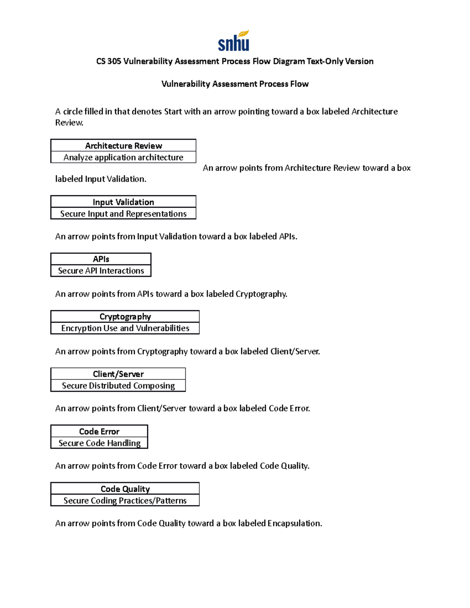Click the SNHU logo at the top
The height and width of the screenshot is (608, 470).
[234, 41]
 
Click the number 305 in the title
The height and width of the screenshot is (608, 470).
[114, 61]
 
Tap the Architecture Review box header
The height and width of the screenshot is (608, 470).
[123, 146]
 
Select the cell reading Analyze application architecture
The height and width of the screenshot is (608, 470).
[123, 157]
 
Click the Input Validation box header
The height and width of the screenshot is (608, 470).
[123, 202]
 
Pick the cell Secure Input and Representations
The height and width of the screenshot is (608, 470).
[123, 214]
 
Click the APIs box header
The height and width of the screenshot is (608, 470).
[101, 259]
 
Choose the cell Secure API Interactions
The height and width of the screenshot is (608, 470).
[101, 271]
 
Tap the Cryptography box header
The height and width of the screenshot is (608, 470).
[125, 316]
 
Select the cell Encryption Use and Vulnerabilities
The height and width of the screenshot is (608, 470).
[125, 328]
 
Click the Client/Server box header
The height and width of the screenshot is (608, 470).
[118, 374]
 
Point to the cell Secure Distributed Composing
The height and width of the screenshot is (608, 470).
[118, 386]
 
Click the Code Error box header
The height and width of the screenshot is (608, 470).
[99, 431]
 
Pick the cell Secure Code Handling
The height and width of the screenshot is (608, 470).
[99, 443]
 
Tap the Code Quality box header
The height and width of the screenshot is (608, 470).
[125, 489]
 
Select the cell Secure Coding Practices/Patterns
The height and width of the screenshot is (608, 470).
[125, 501]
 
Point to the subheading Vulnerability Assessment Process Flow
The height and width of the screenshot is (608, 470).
[235, 84]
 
